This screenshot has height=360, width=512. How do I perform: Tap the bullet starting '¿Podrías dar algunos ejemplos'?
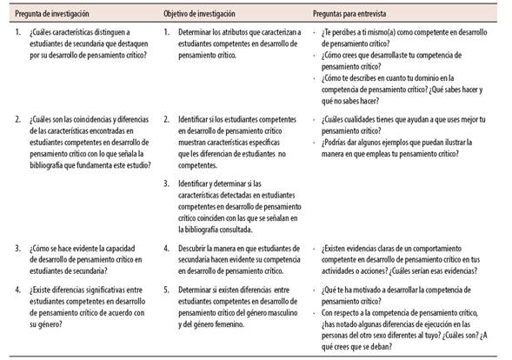400,147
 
